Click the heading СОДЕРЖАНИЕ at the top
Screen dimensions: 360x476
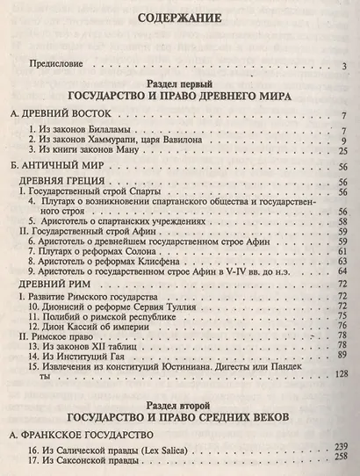click(x=179, y=18)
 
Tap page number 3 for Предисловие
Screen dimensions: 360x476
click(x=346, y=65)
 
